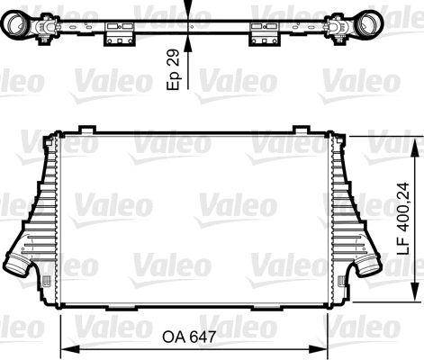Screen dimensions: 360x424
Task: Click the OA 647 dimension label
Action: click(x=191, y=337)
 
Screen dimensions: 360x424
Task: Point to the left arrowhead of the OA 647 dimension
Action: click(x=64, y=347)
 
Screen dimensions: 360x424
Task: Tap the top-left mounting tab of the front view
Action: click(x=87, y=130)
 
